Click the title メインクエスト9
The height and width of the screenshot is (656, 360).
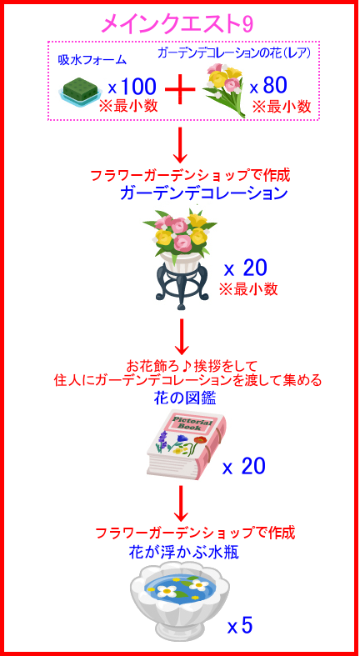point(177,24)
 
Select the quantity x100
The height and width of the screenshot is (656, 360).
point(132,86)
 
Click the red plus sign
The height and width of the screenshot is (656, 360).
point(181,89)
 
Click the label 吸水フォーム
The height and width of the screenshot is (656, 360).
point(92,60)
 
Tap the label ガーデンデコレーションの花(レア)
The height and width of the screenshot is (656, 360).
point(234,53)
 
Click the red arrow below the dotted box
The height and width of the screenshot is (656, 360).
point(181,145)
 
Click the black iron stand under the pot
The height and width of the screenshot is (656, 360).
point(180,284)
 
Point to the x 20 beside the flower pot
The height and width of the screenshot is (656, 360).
point(245,268)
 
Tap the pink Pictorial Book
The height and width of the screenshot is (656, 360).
point(187,444)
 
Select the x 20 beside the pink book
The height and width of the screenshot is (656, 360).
point(244,467)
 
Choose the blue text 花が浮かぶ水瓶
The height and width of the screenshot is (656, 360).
point(183,553)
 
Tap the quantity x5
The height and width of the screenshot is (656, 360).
point(241,625)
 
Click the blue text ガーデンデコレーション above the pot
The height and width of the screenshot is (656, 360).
point(203,193)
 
